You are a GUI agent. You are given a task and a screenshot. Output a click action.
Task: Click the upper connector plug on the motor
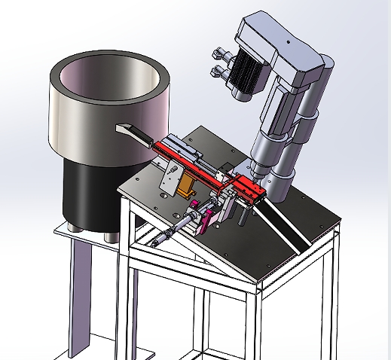tap(218, 53)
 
